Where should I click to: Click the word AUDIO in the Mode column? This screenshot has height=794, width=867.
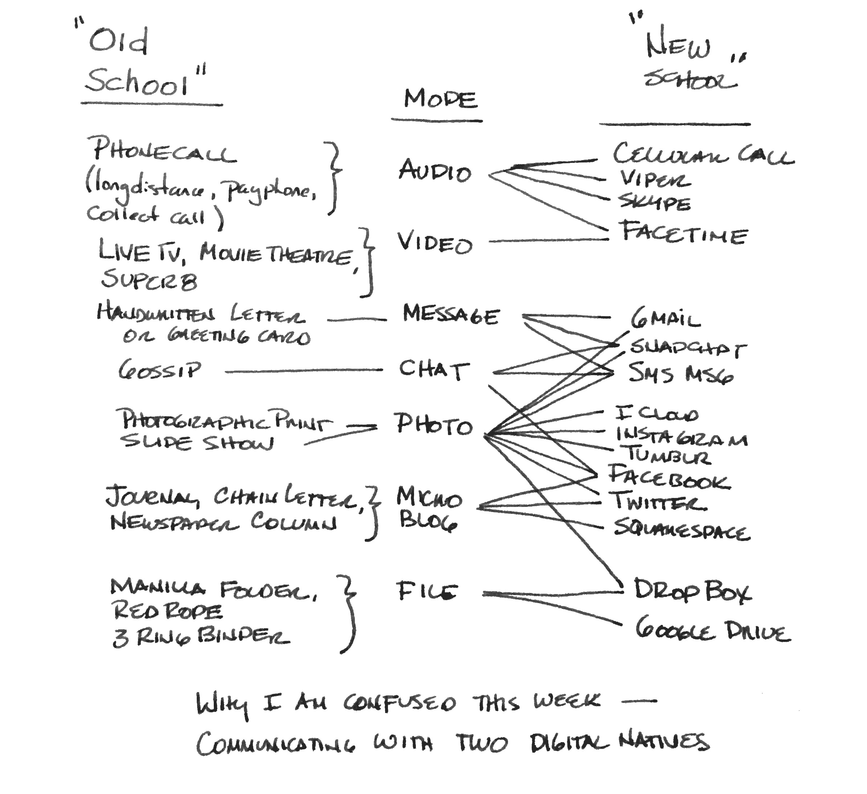[434, 171]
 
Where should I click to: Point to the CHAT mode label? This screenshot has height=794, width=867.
[433, 369]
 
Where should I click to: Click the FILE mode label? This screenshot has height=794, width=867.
[426, 591]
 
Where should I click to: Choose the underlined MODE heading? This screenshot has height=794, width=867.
[440, 99]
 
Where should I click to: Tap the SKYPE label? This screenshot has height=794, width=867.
[655, 202]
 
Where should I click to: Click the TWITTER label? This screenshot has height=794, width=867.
[658, 502]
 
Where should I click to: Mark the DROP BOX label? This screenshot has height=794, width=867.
[692, 591]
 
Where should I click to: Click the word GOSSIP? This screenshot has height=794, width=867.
[159, 370]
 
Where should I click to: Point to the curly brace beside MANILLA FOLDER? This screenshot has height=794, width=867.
[349, 613]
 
